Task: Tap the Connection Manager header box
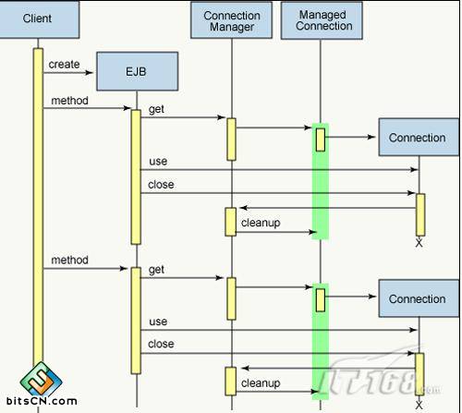232,20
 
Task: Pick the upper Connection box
417,138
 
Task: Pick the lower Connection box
417,299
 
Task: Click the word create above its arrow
64,65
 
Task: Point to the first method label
69,100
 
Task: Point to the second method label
69,261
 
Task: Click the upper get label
156,109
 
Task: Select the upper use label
158,162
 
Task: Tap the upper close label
161,184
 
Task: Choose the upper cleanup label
261,223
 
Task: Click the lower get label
156,270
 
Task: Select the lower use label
158,322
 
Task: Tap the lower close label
161,344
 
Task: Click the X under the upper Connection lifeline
419,243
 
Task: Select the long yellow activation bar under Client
39,213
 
